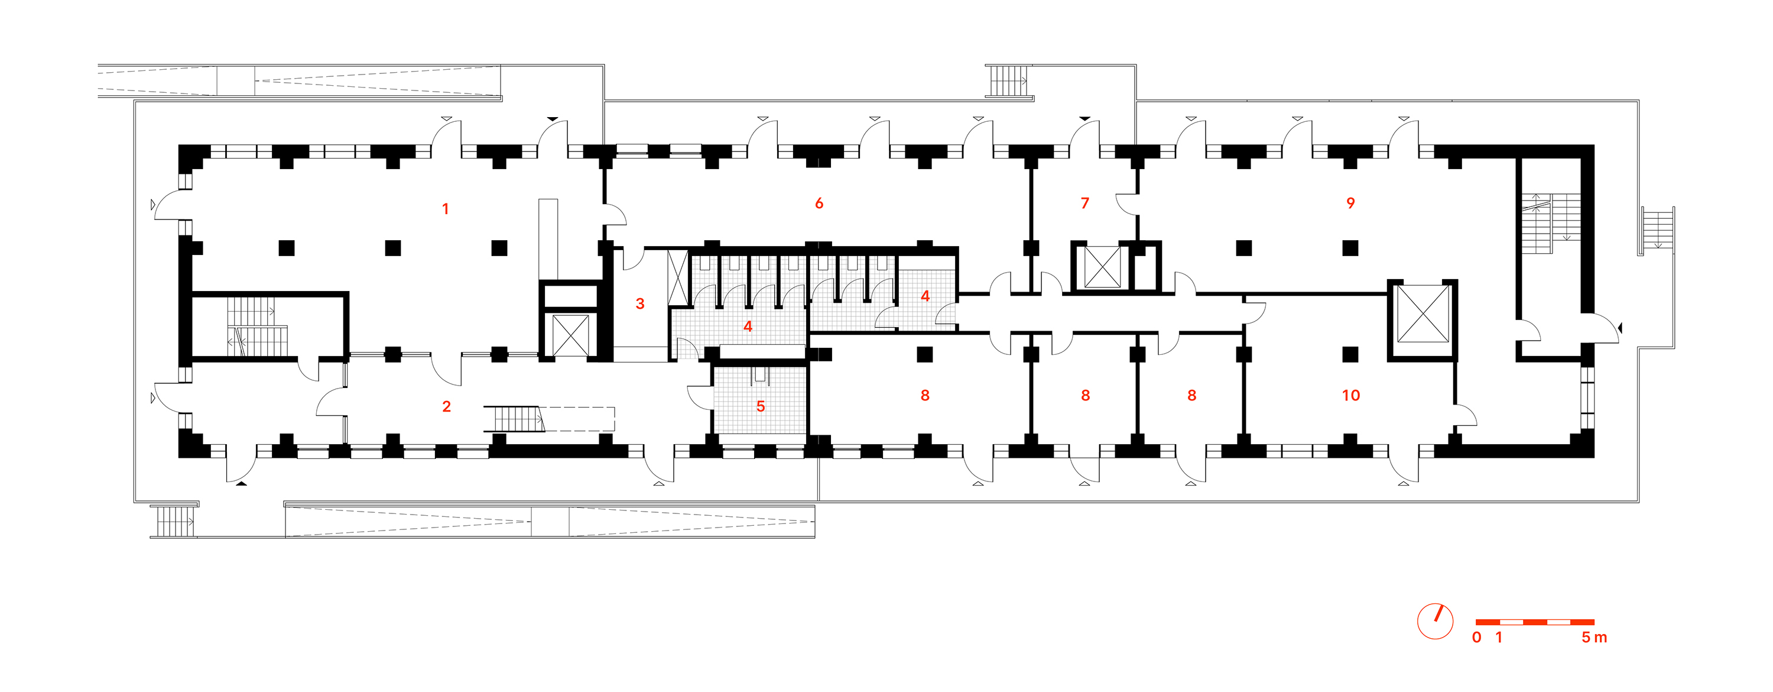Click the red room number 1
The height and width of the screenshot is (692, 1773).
[445, 209]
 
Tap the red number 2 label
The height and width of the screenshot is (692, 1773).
[447, 406]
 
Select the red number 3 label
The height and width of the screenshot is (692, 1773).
[640, 303]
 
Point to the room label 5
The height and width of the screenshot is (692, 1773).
[761, 406]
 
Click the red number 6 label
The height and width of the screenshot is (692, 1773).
[819, 203]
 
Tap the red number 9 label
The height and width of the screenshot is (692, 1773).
[1350, 203]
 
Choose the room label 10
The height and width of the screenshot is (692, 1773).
[1350, 395]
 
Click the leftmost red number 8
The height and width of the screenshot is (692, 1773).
[925, 395]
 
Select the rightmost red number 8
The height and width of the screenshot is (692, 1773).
[1191, 395]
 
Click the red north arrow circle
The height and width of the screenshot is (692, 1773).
[1435, 621]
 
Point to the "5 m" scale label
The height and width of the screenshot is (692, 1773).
[1594, 638]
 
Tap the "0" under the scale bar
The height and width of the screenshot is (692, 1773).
[1476, 638]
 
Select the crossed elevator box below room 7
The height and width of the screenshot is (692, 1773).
[1102, 267]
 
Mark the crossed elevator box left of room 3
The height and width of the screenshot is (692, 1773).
[570, 335]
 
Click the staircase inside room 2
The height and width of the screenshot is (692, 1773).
[514, 419]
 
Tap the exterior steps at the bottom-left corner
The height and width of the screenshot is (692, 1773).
[173, 521]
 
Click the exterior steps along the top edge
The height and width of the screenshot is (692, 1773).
[1008, 80]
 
